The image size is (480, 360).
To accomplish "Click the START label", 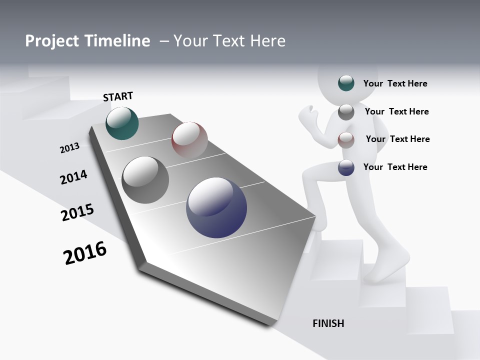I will [118, 96].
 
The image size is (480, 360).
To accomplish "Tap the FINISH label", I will [328, 323].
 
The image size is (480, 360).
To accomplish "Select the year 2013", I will [69, 148].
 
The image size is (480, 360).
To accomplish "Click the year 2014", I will [73, 177].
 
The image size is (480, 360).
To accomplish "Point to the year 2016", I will [85, 253].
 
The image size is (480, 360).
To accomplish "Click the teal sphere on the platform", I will [122, 123].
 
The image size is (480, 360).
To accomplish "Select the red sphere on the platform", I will [189, 139].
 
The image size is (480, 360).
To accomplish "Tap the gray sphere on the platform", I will [145, 180].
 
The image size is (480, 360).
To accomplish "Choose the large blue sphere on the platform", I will [216, 207].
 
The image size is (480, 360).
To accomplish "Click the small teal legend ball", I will [346, 83].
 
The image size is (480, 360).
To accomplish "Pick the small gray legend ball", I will [346, 112].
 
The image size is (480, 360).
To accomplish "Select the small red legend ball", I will [346, 140].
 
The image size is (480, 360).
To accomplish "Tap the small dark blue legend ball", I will [346, 167].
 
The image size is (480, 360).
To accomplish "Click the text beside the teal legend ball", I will [395, 83].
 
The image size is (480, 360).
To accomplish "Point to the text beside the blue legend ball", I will [395, 167].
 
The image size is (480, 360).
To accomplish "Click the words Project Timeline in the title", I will [87, 41].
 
